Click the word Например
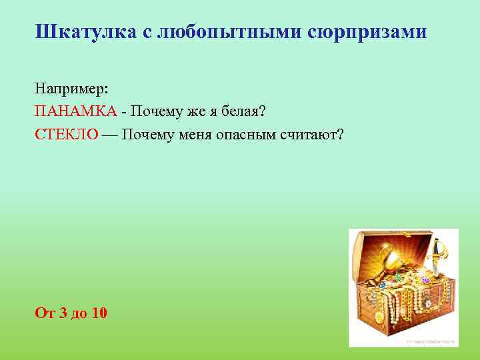click(73, 89)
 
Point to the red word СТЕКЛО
click(67, 135)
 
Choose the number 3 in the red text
click(63, 313)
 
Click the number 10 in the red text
click(100, 313)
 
